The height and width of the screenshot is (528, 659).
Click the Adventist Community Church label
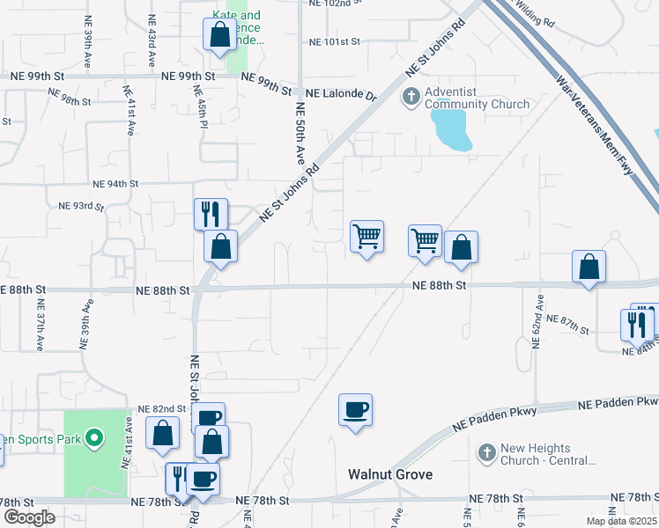click(x=478, y=98)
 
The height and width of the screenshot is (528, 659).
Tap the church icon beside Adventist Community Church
click(x=411, y=97)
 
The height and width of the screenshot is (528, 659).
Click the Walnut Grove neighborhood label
click(x=389, y=474)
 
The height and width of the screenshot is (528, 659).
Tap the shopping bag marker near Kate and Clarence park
click(x=219, y=35)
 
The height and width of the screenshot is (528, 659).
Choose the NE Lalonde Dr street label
click(x=340, y=92)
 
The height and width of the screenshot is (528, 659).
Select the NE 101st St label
click(x=336, y=41)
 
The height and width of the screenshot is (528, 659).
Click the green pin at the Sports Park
click(x=94, y=437)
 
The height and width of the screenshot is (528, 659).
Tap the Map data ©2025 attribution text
click(x=621, y=521)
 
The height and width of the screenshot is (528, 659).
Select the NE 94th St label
click(x=115, y=184)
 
